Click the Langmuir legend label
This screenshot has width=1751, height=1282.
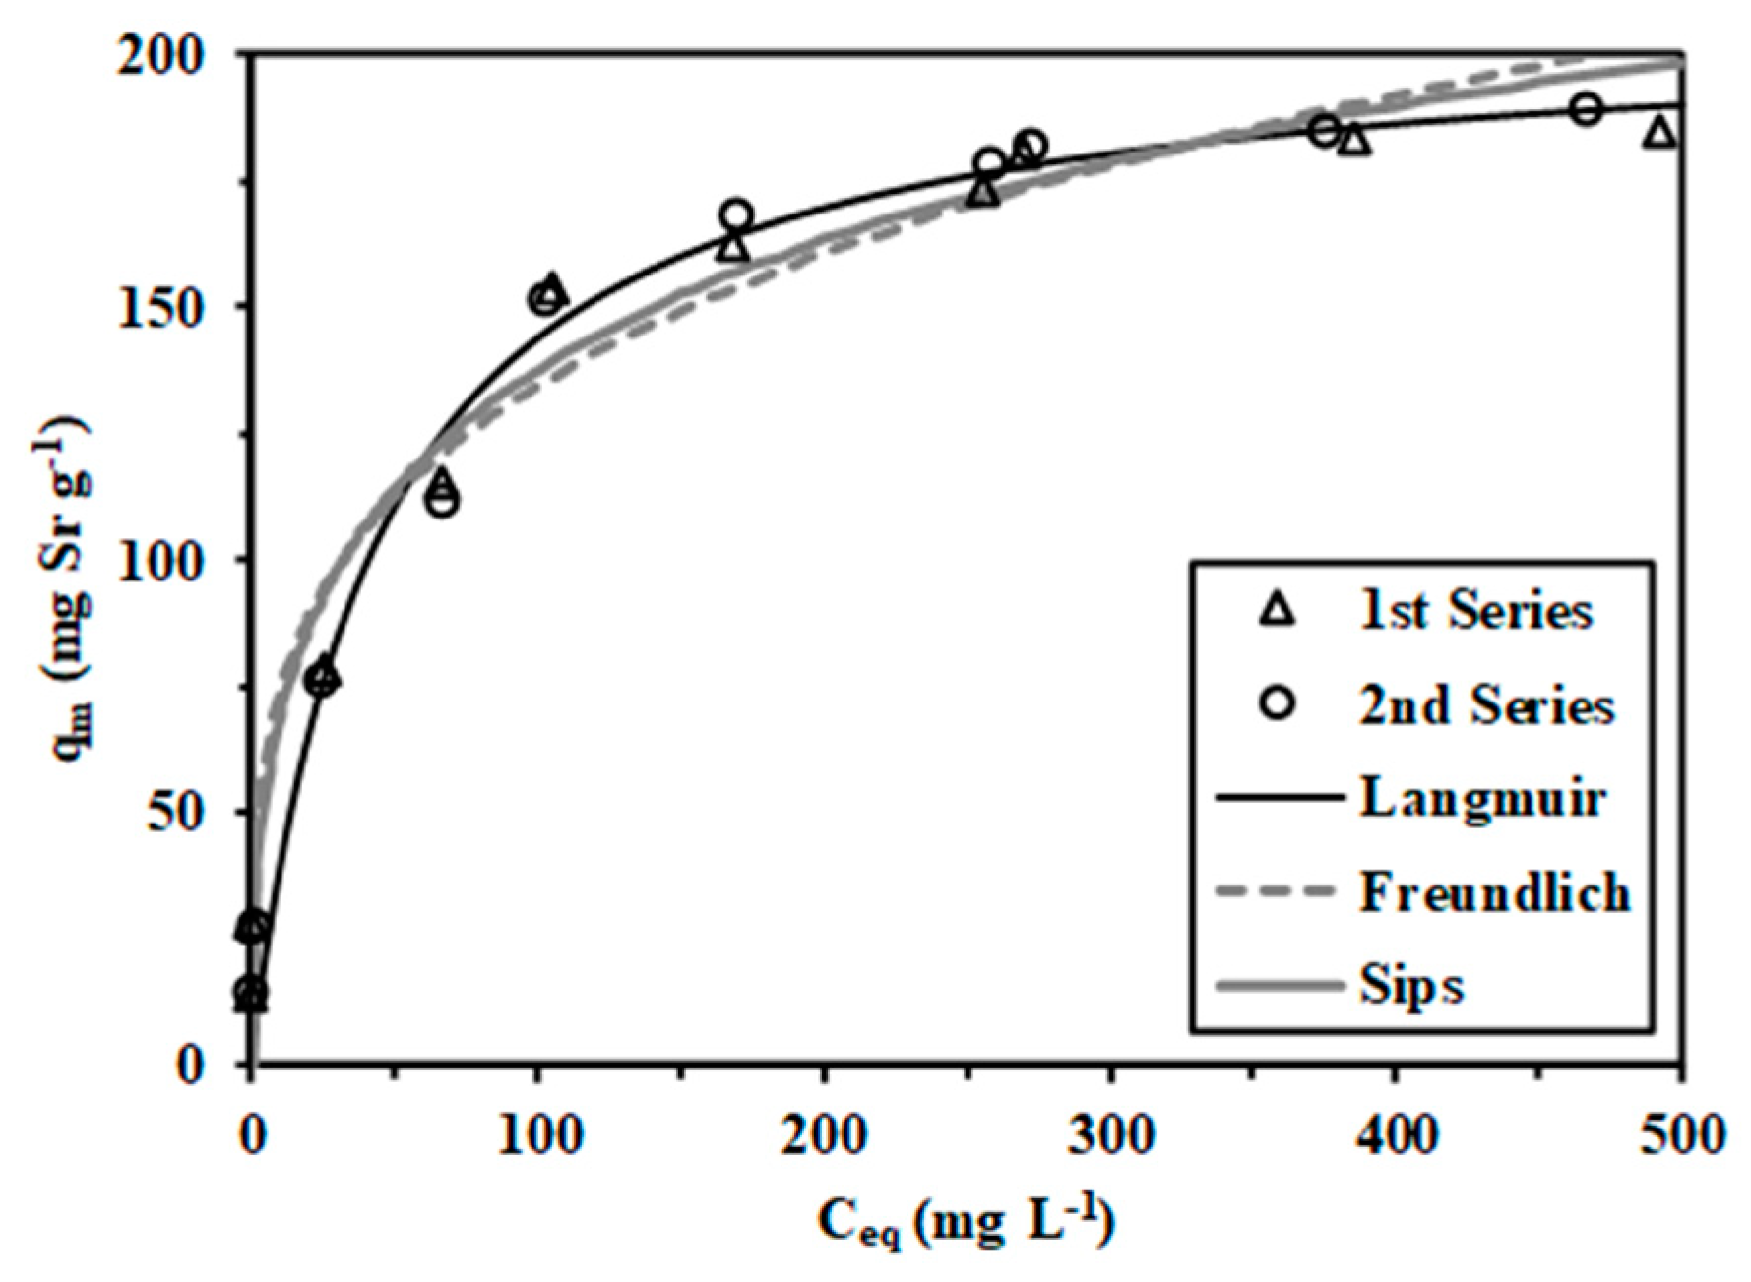coord(1482,798)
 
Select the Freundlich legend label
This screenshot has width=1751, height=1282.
coord(1495,892)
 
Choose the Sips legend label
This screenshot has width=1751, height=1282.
coord(1411,985)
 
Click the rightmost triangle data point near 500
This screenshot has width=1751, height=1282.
coord(1659,132)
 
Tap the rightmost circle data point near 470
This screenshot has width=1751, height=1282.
coord(1585,108)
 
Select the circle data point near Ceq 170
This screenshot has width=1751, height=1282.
coord(736,214)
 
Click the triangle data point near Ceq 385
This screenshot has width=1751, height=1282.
coord(1355,142)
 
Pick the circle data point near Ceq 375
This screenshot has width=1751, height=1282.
coord(1325,130)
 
